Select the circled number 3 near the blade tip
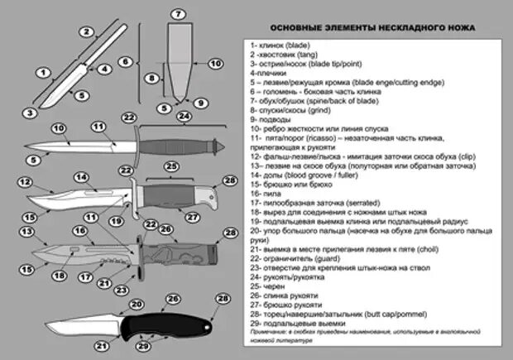(29, 113)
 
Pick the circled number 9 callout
(198, 102)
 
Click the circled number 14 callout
(82, 176)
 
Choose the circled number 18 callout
(59, 274)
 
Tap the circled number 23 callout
(120, 290)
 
